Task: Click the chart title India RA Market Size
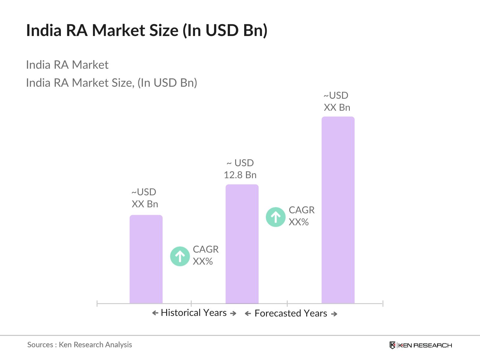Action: coord(147,31)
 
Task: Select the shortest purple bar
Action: coord(146,259)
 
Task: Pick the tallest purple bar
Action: coord(338,210)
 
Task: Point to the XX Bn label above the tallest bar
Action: coord(337,101)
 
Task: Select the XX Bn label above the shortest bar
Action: coord(145,198)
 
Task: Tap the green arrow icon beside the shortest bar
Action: coord(180,256)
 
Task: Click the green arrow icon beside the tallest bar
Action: coord(276,217)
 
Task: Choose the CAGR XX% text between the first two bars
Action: coord(205,255)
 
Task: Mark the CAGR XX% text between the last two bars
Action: coord(301,216)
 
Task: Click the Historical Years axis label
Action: coord(194,313)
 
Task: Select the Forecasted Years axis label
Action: coord(291,313)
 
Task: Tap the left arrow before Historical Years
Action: coord(155,313)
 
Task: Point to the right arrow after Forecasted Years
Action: coord(334,314)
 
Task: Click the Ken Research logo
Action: coord(421,345)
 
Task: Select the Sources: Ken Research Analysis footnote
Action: coord(79,345)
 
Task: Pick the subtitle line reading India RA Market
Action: coord(67,65)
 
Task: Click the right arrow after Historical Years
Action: coord(233,313)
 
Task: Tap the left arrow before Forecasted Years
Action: coord(248,314)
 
